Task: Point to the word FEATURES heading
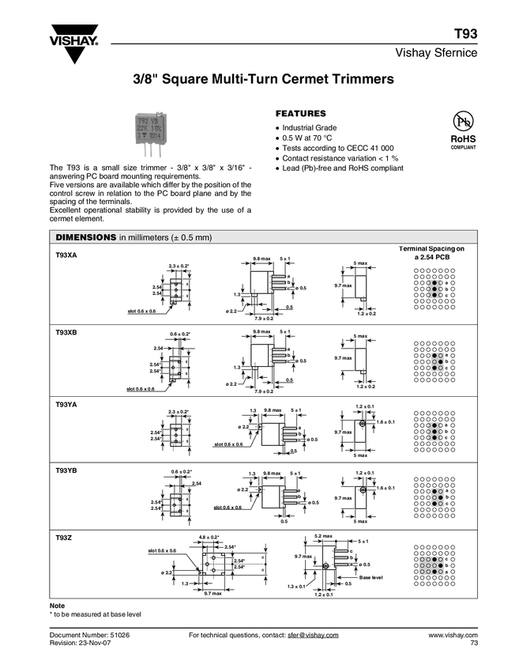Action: [x=300, y=113]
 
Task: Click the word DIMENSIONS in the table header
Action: [x=85, y=237]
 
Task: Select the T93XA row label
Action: [x=66, y=256]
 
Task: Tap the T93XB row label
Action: [x=66, y=332]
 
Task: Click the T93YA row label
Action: [x=66, y=405]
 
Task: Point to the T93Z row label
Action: [x=63, y=538]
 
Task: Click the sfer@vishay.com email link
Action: [x=313, y=635]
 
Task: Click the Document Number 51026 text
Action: [x=89, y=635]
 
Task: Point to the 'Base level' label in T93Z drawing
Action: [x=370, y=578]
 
